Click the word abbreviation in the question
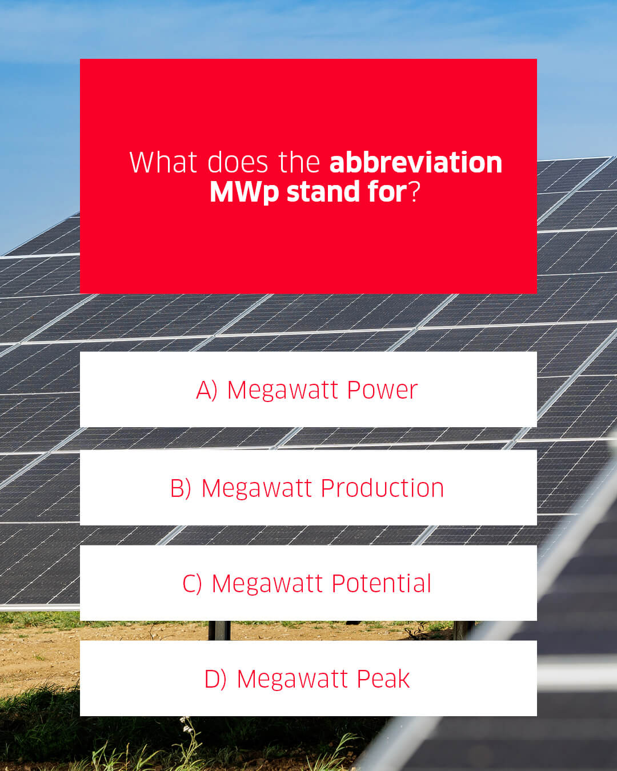click(x=415, y=162)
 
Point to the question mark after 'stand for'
click(x=415, y=192)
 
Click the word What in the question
click(x=164, y=162)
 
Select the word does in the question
click(x=238, y=162)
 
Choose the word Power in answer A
click(x=382, y=390)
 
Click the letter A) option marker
click(x=207, y=390)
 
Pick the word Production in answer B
click(x=382, y=488)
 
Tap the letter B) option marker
click(x=181, y=488)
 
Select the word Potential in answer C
click(x=381, y=584)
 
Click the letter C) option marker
click(x=193, y=584)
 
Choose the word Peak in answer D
click(x=383, y=679)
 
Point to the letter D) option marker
click(x=215, y=679)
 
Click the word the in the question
click(x=299, y=162)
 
